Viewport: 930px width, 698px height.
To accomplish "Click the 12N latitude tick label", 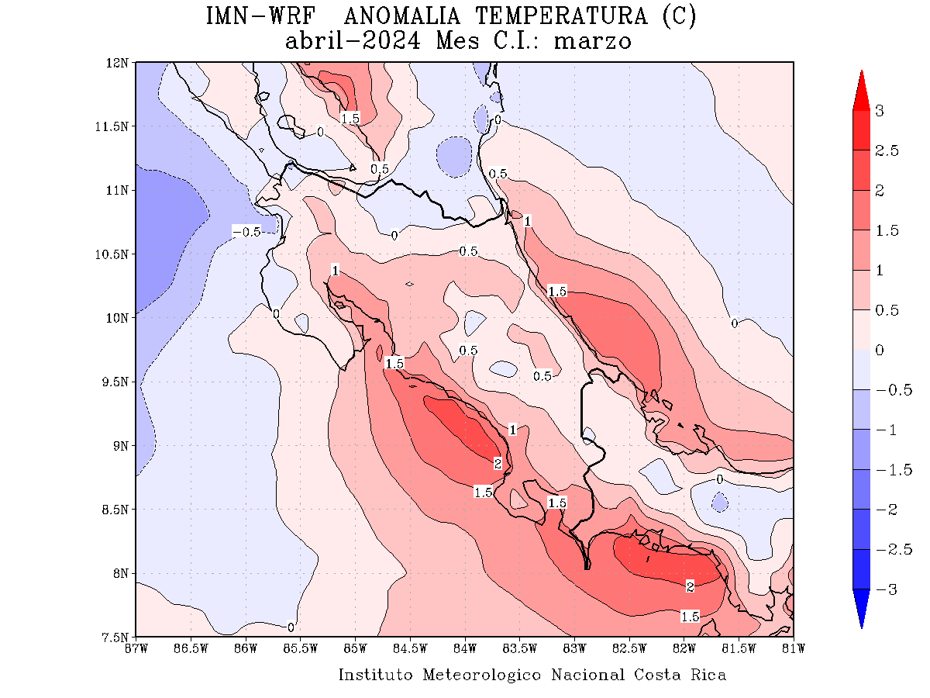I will click(x=119, y=62).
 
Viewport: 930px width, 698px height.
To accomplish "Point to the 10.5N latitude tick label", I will click(x=115, y=254).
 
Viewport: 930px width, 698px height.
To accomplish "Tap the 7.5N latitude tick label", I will click(x=116, y=638).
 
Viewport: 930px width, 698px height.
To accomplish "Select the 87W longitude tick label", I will click(x=136, y=648).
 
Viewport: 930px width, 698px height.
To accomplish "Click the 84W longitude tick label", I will click(x=465, y=648).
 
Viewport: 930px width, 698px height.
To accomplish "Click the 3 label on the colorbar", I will click(x=879, y=111).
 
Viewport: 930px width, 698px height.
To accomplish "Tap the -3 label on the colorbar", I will click(x=883, y=589).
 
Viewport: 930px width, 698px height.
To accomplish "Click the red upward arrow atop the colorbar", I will click(x=861, y=90).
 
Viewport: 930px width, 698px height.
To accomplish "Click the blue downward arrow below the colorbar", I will click(x=861, y=608).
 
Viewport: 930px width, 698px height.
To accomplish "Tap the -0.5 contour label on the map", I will click(x=246, y=232).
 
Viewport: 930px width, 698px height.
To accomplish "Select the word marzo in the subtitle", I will click(x=592, y=41).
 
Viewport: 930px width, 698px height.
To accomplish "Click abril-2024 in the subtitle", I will click(x=353, y=41).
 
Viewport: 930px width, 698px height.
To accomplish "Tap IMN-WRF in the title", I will click(x=260, y=16).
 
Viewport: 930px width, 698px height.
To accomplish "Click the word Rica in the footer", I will click(x=708, y=675).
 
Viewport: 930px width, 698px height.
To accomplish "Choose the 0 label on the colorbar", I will click(x=879, y=351).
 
